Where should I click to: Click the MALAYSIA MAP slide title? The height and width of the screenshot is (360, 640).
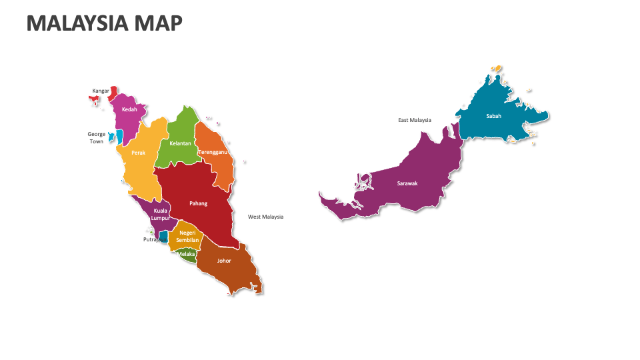104,23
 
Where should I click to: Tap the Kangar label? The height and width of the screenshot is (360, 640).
101,91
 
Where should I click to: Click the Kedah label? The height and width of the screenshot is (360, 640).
129,109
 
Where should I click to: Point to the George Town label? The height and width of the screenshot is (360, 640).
97,138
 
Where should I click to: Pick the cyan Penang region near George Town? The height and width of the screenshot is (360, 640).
118,137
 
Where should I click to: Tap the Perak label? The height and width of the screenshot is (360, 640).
138,153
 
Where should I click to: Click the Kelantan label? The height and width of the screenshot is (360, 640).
180,143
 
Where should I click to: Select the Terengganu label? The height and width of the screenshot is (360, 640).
213,152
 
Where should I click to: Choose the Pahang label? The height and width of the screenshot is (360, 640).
198,203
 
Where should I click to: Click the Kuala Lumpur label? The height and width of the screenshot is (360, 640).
160,214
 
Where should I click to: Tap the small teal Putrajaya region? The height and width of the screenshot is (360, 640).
163,236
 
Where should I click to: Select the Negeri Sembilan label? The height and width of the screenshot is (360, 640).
187,236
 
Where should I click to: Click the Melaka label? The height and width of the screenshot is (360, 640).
186,254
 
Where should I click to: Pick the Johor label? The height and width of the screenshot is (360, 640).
224,261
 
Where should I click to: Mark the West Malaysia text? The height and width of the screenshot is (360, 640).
265,217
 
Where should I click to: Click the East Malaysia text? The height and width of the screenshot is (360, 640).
415,120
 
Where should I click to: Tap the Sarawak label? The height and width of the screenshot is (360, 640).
407,183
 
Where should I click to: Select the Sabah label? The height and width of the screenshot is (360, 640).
493,115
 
